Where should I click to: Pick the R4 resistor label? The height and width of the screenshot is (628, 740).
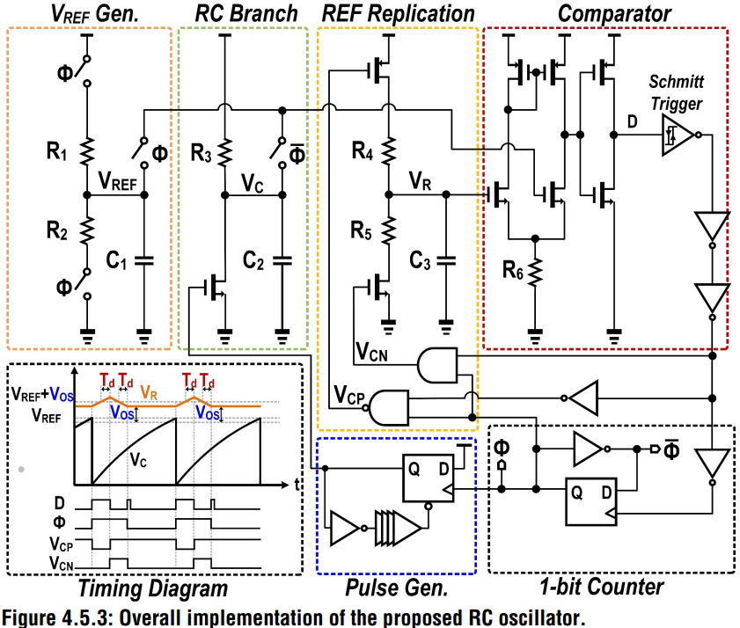(x=362, y=152)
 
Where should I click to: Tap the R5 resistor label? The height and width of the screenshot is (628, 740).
(x=362, y=233)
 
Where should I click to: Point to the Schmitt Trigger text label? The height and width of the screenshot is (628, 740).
(x=678, y=93)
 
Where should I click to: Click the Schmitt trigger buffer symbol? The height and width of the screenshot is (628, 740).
(x=674, y=135)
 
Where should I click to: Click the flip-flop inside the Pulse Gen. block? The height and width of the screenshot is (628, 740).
(x=430, y=478)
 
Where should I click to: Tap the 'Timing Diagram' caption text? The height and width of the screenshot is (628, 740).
(x=153, y=588)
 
